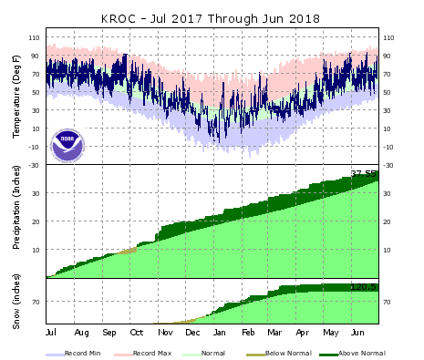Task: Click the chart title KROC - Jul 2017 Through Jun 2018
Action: (x=212, y=16)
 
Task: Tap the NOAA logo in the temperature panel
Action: (x=67, y=145)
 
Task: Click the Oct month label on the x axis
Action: (x=137, y=334)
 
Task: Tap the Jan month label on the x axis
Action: (x=220, y=334)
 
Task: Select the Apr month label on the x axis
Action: (x=302, y=334)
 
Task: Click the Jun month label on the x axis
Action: (x=357, y=334)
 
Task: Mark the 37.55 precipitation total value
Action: (x=365, y=172)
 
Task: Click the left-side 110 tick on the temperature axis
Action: (x=34, y=38)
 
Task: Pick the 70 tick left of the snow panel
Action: (x=36, y=302)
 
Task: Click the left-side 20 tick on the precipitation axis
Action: (x=36, y=221)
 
